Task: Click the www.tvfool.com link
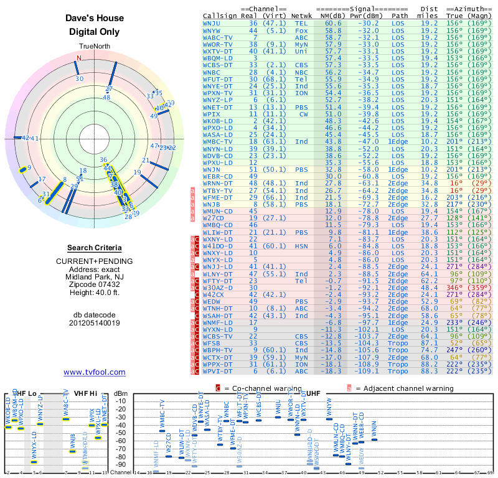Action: click(x=95, y=372)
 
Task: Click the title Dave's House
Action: click(x=95, y=19)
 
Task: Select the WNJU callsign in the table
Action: click(x=212, y=23)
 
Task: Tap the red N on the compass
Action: click(x=79, y=59)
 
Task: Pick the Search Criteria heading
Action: click(x=95, y=248)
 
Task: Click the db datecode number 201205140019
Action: click(x=95, y=323)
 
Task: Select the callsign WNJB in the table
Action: click(x=212, y=204)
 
